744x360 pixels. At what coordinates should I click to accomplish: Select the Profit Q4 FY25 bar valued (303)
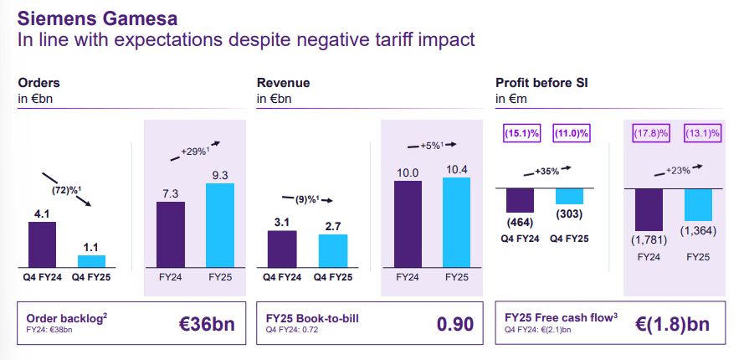[x=569, y=197]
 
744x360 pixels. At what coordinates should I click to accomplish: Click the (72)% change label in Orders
[x=67, y=190]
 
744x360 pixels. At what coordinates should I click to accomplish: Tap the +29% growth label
[x=195, y=152]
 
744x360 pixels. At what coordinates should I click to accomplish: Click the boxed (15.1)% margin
[x=520, y=132]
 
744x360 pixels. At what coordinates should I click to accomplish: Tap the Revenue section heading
[x=284, y=83]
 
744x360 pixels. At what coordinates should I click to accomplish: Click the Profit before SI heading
[x=536, y=83]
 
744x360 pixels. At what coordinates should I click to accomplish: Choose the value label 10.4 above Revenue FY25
[x=457, y=170]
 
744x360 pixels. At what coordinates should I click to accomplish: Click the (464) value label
[x=520, y=223]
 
